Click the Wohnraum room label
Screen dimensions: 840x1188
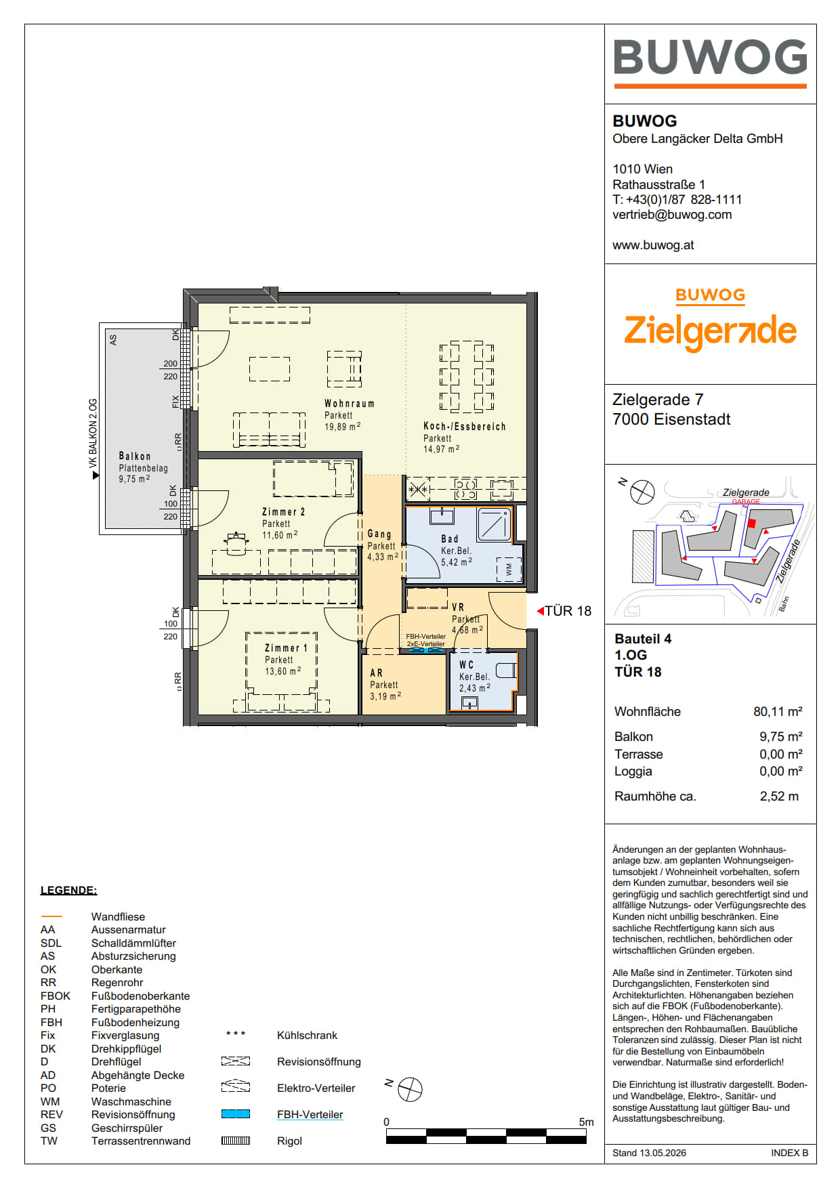[349, 404]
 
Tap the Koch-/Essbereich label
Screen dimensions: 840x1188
[465, 427]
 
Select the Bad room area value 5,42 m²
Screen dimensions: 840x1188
[457, 562]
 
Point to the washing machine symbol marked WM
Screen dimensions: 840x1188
[509, 570]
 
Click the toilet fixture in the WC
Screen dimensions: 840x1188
[506, 671]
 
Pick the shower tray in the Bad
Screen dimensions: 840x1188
[495, 524]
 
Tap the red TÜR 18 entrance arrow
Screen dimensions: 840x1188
[540, 611]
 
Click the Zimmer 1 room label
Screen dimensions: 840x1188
[286, 648]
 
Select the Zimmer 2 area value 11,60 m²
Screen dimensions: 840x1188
[280, 535]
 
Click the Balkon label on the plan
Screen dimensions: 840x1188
[135, 457]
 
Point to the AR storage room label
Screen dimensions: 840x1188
[376, 673]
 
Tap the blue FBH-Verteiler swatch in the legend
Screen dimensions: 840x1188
[236, 1114]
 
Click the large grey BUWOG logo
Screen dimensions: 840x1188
[710, 57]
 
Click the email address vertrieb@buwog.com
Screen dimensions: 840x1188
[672, 215]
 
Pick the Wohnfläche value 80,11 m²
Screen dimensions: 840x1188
[778, 711]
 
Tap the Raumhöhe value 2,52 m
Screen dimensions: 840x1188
[779, 797]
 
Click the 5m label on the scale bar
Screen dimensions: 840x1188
[586, 1122]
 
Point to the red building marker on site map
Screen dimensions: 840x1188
[751, 523]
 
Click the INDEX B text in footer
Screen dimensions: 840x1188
[789, 1153]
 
